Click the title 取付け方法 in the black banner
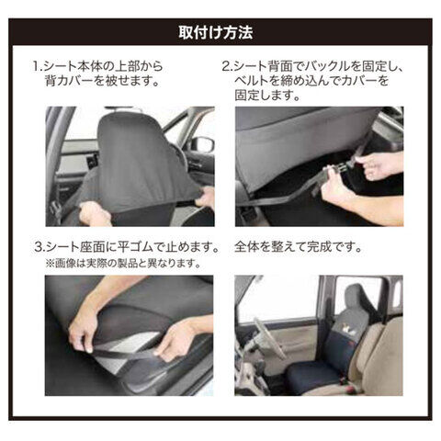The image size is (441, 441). (216, 32)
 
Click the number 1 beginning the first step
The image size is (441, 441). (36, 66)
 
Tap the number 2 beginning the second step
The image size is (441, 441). (226, 66)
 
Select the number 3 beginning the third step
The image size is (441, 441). (39, 247)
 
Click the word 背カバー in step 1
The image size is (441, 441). (70, 81)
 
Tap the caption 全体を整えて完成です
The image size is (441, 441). (299, 247)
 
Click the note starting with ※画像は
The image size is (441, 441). (123, 264)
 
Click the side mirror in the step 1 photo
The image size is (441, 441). (202, 144)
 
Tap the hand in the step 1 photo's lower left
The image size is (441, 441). (94, 213)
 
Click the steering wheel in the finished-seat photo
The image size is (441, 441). (269, 337)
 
